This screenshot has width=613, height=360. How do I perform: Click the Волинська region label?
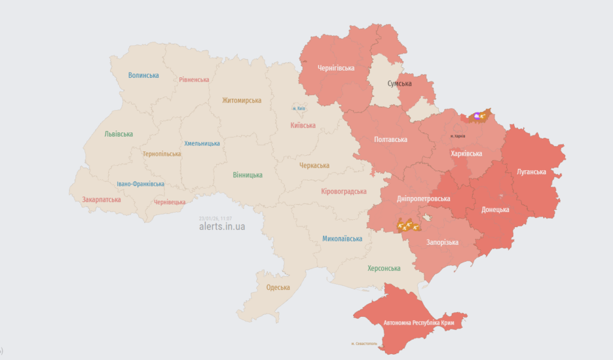click(x=144, y=75)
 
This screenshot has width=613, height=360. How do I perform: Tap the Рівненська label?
click(x=194, y=80)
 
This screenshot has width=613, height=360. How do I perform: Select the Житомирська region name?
click(x=241, y=101)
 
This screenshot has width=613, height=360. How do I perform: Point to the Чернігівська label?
click(x=336, y=68)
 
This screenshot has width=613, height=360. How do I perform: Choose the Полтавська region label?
click(x=390, y=140)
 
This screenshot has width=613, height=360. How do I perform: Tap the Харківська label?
click(x=466, y=154)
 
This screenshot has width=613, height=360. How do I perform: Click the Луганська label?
click(x=531, y=172)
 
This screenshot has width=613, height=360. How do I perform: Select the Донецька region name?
click(x=495, y=210)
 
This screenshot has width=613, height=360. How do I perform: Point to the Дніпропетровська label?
click(x=423, y=199)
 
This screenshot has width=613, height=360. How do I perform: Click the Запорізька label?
click(x=442, y=243)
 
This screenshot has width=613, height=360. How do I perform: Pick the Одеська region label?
click(x=278, y=288)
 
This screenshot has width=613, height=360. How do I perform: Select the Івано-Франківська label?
click(x=141, y=184)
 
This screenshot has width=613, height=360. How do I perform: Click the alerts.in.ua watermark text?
click(x=222, y=227)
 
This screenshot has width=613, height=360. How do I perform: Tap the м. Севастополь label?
click(x=368, y=343)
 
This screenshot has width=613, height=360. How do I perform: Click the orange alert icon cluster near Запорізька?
click(x=407, y=225)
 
